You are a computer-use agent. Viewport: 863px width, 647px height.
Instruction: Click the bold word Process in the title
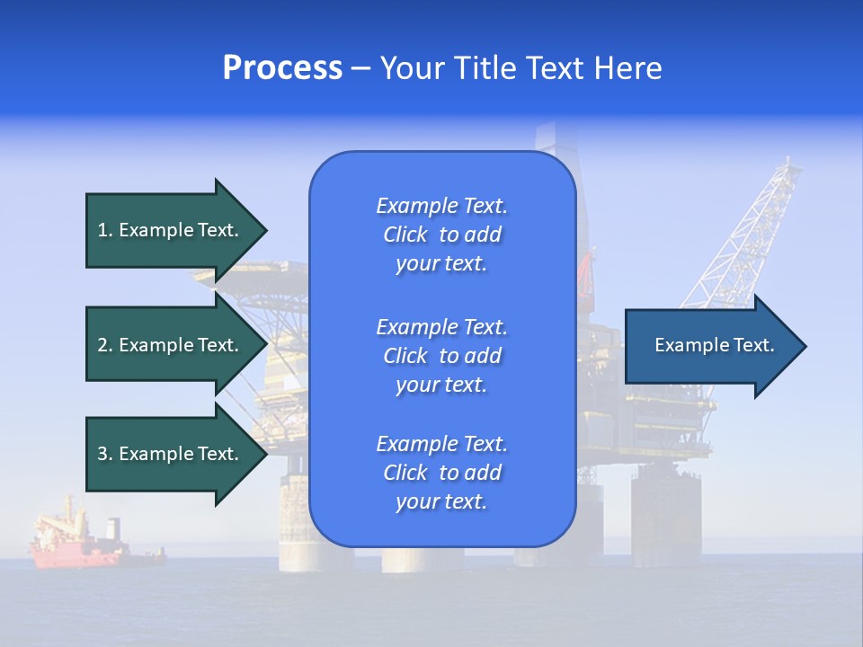[x=282, y=68]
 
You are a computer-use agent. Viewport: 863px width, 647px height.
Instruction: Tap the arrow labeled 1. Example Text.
[x=171, y=230]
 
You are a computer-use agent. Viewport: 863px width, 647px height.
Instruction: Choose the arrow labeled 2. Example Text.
[x=171, y=345]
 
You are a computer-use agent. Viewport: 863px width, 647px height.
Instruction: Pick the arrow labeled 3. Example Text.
[x=171, y=454]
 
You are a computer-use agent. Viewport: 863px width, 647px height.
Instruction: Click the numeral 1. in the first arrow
[x=104, y=230]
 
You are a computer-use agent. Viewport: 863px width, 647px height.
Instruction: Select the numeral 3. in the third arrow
[x=104, y=454]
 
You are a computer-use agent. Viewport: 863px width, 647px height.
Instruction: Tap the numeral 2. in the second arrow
[x=104, y=345]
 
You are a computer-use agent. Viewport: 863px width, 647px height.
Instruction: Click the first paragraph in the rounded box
[x=441, y=235]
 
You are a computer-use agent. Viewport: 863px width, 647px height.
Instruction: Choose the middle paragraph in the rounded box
[x=441, y=356]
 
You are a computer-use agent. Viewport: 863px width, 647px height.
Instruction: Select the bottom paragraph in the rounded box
[x=441, y=473]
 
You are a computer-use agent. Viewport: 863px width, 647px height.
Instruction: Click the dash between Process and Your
[x=360, y=68]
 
